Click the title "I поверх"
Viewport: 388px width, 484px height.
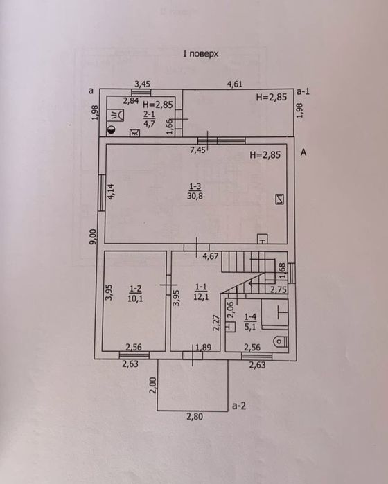tap(201, 54)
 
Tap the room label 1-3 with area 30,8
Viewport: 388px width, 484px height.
tap(195, 191)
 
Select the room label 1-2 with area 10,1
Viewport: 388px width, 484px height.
tap(135, 294)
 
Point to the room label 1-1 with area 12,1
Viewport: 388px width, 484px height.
tap(201, 292)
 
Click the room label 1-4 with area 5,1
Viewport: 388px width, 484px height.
tap(250, 322)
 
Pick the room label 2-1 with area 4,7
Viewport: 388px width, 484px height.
tap(149, 119)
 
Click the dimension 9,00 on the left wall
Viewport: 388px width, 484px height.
tap(93, 237)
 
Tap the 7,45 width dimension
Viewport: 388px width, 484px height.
tap(197, 150)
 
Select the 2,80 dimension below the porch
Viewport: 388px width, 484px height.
tap(195, 416)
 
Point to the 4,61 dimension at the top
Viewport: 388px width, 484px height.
tap(235, 84)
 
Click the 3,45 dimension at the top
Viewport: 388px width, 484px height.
tap(143, 84)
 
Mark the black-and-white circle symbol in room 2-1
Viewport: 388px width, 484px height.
tap(112, 130)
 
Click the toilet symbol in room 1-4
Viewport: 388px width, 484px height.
tap(281, 342)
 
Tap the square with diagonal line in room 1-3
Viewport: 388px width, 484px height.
tap(280, 199)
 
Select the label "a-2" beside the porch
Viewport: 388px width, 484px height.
tap(239, 406)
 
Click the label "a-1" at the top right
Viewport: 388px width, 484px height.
tap(303, 91)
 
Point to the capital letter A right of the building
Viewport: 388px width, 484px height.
tap(303, 152)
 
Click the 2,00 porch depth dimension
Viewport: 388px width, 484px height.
tap(152, 385)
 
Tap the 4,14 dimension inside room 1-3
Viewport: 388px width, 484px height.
tap(112, 192)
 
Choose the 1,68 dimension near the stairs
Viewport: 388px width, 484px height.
tap(283, 271)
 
